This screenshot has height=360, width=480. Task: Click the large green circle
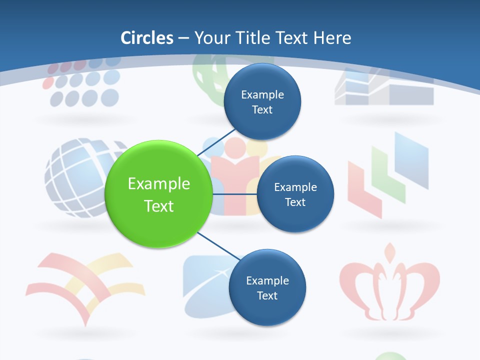[x=159, y=194]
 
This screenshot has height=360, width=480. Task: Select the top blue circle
[x=262, y=101]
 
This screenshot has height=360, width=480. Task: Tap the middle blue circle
[x=295, y=194]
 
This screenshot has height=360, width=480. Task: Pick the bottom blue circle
[x=267, y=287]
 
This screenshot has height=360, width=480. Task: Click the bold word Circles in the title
[x=147, y=38]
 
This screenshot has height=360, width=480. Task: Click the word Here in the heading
[x=332, y=38]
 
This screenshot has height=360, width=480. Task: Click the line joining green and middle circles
[x=234, y=193]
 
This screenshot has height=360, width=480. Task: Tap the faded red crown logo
[x=389, y=284]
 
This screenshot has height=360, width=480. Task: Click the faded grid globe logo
[x=80, y=177]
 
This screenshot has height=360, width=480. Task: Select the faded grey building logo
[x=384, y=88]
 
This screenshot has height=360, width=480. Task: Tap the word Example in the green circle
[x=159, y=184]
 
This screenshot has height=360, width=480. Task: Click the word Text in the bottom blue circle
[x=267, y=295]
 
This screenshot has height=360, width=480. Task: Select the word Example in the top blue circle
[x=262, y=94]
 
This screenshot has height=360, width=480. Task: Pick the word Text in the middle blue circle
[x=295, y=202]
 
